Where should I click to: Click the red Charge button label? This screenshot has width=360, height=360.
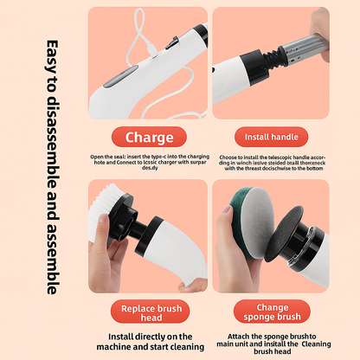click(x=150, y=137)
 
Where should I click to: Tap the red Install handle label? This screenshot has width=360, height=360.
click(x=272, y=137)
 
